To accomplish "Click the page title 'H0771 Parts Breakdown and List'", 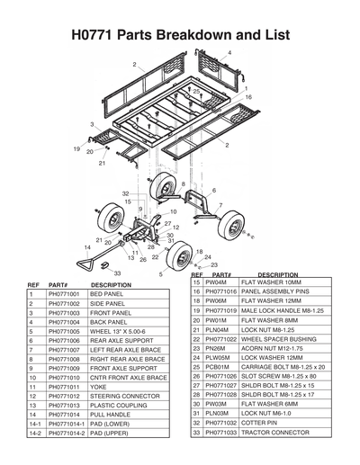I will coord(180,35).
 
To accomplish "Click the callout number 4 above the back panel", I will coord(229,54).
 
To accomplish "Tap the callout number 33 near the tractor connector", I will coord(116,273).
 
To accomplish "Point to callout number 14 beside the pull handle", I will coord(88,246).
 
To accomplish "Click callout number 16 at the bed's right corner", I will coord(248,97).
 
